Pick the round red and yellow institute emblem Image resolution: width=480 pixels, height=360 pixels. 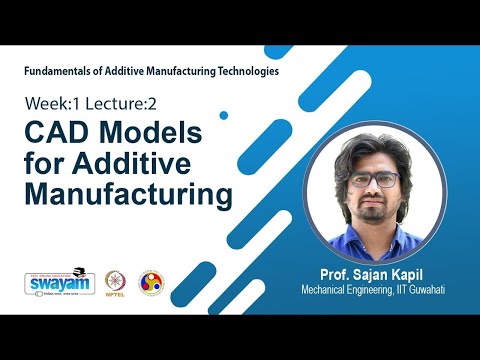point(151,282)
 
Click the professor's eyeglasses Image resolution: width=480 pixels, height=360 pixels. point(380,182)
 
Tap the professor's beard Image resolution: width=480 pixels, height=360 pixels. point(380,212)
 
